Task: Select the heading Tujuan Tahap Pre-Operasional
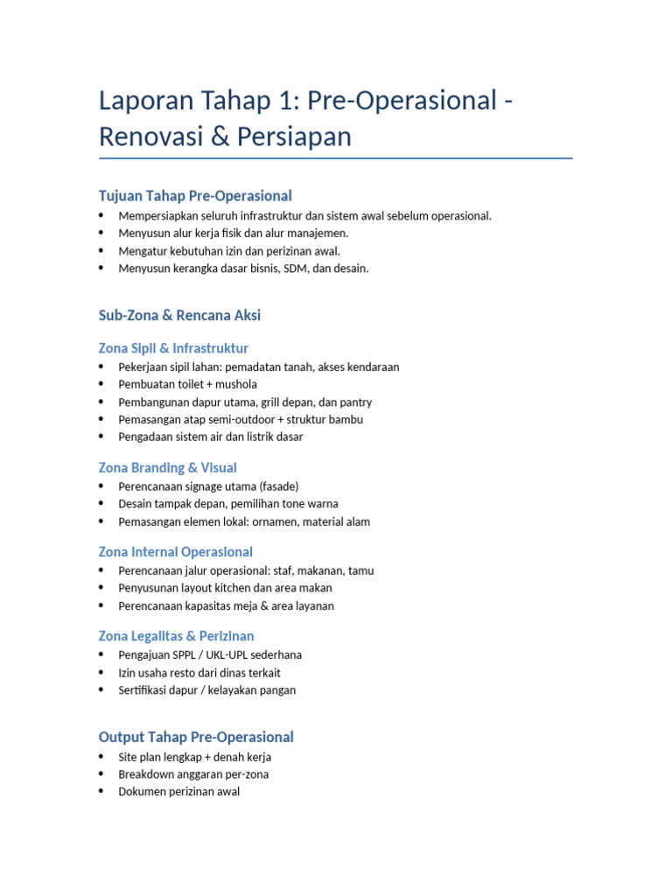click(x=195, y=195)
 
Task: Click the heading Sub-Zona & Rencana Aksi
click(x=179, y=315)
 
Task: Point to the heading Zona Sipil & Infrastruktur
click(x=173, y=348)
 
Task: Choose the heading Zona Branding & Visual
click(x=167, y=467)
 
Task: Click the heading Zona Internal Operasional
click(x=176, y=551)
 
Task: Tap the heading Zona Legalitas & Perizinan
click(x=176, y=635)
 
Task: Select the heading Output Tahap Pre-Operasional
click(x=196, y=737)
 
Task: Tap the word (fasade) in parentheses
click(x=280, y=486)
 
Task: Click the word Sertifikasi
click(x=145, y=689)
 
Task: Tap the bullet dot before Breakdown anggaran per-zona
click(x=102, y=774)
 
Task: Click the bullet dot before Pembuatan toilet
click(x=102, y=384)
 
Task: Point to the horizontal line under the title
click(x=336, y=158)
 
